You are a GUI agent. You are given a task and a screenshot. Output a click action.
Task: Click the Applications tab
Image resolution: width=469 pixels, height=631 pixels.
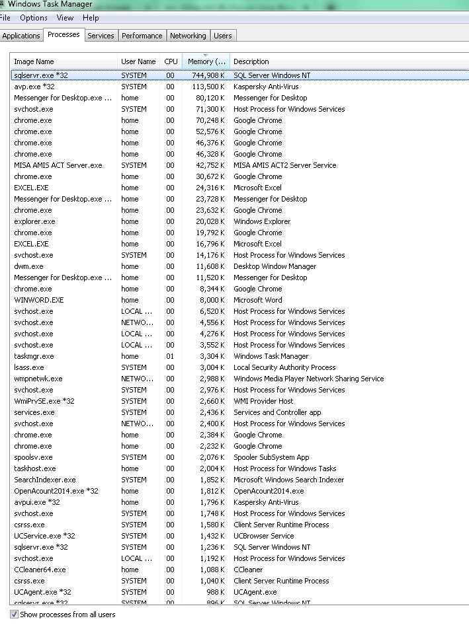pos(21,36)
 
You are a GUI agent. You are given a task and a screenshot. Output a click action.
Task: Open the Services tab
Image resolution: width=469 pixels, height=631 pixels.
pos(101,36)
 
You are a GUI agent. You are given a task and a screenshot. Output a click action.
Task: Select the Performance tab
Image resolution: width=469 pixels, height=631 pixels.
pos(142,36)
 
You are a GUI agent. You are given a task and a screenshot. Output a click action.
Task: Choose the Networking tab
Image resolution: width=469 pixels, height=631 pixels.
pos(188,36)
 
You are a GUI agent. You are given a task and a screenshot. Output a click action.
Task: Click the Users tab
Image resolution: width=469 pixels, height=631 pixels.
pos(223,36)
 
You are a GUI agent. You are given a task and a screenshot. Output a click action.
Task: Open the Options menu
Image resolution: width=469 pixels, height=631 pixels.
pos(34,18)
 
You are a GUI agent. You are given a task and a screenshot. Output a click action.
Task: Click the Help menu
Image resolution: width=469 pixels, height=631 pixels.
pos(91,18)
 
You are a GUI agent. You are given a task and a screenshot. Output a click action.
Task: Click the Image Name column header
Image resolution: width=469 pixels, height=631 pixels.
pos(34,61)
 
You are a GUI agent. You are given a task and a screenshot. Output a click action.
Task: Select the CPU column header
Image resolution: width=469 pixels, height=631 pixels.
pos(171,61)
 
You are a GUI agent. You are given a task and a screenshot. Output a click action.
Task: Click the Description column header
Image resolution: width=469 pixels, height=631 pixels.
pos(251,61)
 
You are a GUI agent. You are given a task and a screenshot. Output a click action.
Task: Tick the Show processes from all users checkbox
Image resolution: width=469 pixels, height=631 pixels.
pos(15,614)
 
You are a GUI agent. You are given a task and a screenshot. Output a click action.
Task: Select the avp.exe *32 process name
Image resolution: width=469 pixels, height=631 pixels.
pos(34,87)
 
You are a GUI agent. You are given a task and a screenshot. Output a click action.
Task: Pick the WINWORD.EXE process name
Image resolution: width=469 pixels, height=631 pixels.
pos(39,300)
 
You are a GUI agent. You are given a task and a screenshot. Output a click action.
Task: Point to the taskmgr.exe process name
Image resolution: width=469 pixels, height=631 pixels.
pos(34,356)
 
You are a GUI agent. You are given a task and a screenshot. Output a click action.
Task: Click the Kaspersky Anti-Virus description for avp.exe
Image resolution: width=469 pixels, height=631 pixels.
pos(266,87)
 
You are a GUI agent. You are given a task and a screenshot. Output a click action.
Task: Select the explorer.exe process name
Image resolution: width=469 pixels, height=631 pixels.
pos(34,221)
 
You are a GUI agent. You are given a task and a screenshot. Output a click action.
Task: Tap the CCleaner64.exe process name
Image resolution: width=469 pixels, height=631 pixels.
pos(40,570)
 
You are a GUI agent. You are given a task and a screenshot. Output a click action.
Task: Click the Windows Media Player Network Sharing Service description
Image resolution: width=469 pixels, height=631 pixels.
pos(308,379)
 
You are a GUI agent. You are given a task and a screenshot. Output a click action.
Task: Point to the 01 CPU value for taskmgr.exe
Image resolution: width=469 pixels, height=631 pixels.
pos(171,356)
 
